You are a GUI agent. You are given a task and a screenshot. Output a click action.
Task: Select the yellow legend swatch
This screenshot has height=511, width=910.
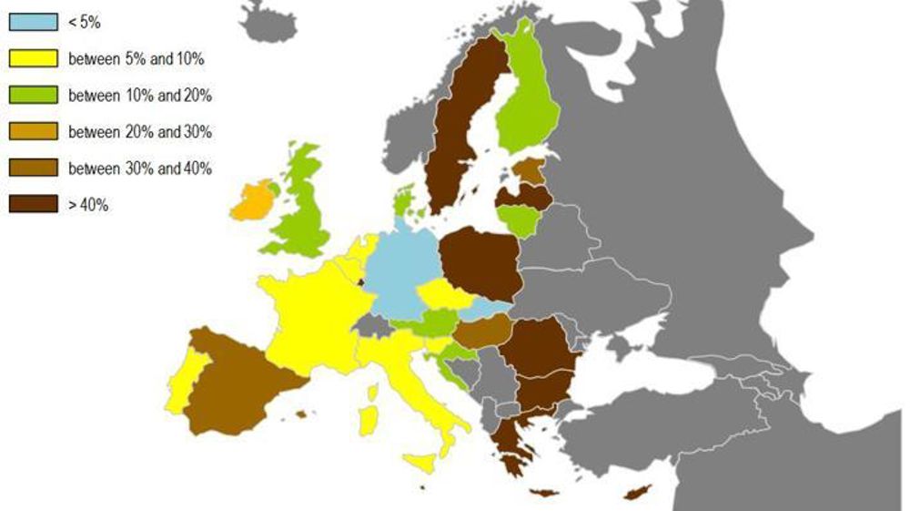click(33, 59)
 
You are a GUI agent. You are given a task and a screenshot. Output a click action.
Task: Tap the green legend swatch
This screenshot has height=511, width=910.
click(33, 96)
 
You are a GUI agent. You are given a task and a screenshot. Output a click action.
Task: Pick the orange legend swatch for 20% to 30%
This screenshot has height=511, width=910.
click(33, 132)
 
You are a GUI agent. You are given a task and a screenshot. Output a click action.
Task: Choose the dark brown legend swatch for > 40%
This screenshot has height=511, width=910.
click(33, 205)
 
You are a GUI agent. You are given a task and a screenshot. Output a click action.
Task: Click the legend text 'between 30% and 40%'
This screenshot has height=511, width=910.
click(140, 169)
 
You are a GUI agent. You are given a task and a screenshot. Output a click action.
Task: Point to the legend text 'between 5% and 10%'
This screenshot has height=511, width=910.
click(136, 59)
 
